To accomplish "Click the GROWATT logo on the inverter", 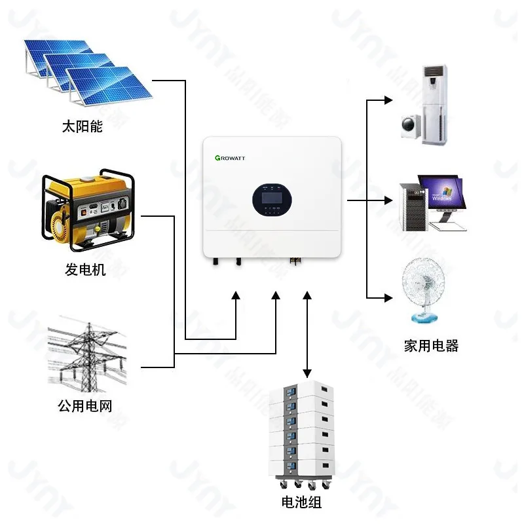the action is [230, 158].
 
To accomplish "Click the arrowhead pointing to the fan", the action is [388, 299].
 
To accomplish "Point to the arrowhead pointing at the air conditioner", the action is [388, 100].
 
